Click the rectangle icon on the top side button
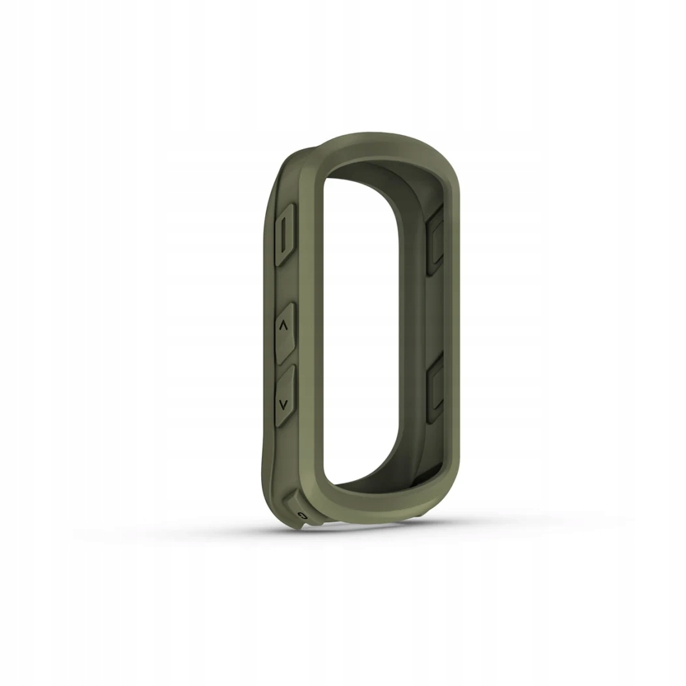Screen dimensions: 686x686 click(285, 234)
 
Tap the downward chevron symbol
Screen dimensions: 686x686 click(283, 404)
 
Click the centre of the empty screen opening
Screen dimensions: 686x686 click(362, 326)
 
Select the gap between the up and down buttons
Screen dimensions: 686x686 click(285, 362)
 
